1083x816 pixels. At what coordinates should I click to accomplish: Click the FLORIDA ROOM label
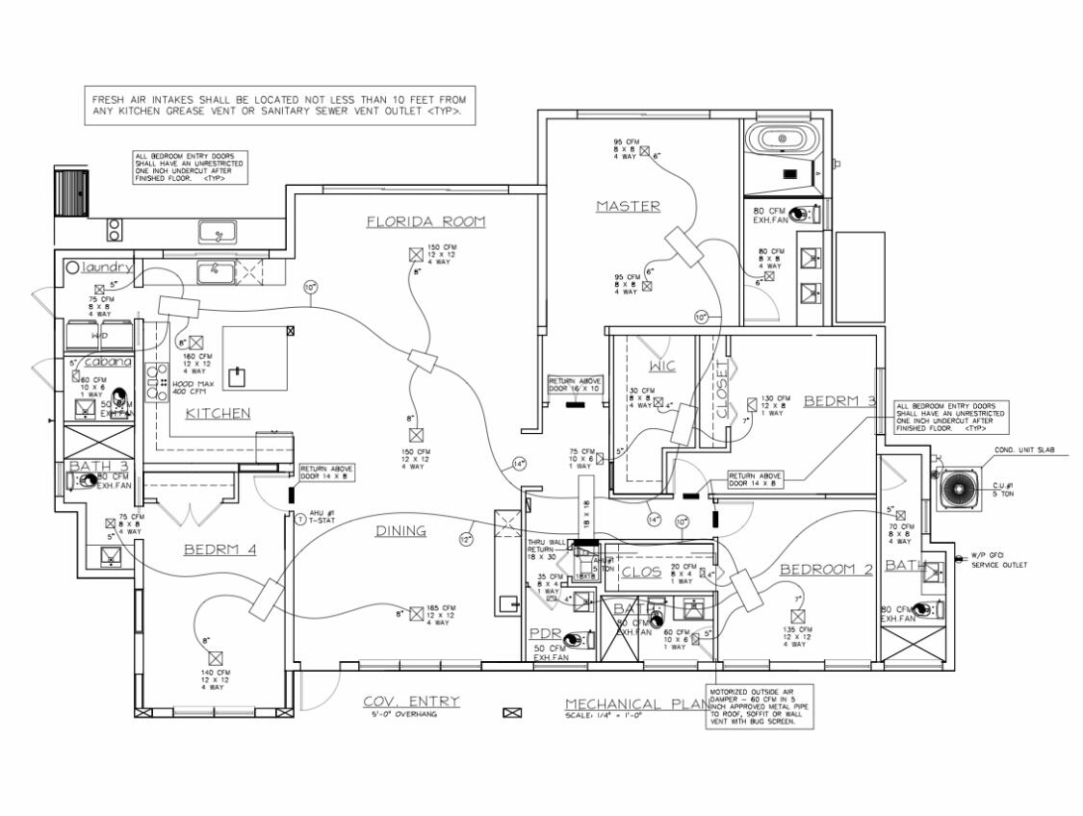pyautogui.click(x=425, y=222)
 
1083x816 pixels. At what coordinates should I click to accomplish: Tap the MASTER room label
pyautogui.click(x=627, y=206)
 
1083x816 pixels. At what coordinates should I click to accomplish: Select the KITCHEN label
pyautogui.click(x=218, y=413)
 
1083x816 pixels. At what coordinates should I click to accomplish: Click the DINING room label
pyautogui.click(x=400, y=531)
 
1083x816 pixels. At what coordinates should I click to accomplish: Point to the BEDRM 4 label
pyautogui.click(x=219, y=550)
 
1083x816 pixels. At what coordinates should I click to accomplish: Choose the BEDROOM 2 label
pyautogui.click(x=826, y=570)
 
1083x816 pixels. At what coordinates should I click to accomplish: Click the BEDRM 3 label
pyautogui.click(x=839, y=400)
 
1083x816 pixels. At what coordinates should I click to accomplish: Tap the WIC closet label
pyautogui.click(x=662, y=367)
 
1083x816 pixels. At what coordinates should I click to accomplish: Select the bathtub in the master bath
pyautogui.click(x=782, y=139)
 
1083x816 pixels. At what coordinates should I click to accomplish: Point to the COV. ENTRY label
pyautogui.click(x=411, y=701)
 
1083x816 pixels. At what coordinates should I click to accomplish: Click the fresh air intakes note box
pyautogui.click(x=279, y=105)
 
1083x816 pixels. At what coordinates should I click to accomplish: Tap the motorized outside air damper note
pyautogui.click(x=760, y=707)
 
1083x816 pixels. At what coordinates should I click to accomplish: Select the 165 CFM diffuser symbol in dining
pyautogui.click(x=416, y=613)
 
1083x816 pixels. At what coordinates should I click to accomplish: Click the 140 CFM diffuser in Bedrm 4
pyautogui.click(x=216, y=658)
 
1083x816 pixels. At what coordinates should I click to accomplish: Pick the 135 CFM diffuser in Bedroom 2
pyautogui.click(x=797, y=615)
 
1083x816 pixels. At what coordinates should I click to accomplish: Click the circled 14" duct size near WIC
pyautogui.click(x=655, y=520)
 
